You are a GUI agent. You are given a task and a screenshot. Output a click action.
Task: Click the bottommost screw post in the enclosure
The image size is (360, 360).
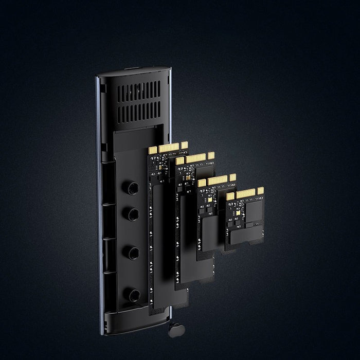pos(134,295)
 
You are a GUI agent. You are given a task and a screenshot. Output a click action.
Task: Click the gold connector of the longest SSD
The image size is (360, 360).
pos(167,148)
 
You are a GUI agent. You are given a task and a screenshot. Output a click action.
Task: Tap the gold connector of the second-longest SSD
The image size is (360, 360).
pos(194,158)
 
